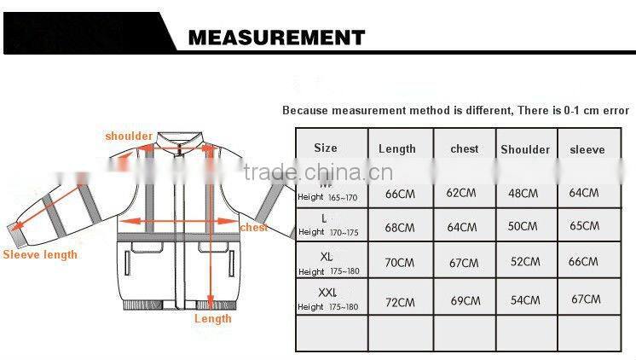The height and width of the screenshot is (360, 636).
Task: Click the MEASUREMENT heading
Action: point(275,38)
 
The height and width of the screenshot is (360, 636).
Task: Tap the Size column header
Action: point(326,148)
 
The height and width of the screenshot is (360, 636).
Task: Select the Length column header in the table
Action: point(396,149)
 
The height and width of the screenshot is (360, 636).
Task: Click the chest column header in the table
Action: point(465,149)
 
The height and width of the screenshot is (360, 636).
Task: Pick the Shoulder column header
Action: point(525,149)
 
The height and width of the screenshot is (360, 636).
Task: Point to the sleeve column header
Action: point(587,149)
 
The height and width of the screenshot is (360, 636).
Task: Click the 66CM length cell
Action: point(400,194)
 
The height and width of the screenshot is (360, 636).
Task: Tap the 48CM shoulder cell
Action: point(523,193)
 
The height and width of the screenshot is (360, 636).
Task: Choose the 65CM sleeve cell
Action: point(584,227)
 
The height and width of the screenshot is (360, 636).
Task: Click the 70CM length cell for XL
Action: point(400,263)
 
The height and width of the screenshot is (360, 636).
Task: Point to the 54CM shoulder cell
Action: point(525,300)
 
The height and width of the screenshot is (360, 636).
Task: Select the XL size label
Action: point(327,257)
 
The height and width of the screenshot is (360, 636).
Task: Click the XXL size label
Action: point(328,293)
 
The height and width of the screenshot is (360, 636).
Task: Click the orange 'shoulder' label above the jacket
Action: point(129,136)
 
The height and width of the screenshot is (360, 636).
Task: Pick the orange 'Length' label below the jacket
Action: point(213,318)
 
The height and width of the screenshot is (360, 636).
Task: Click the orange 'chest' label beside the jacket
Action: point(253,228)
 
